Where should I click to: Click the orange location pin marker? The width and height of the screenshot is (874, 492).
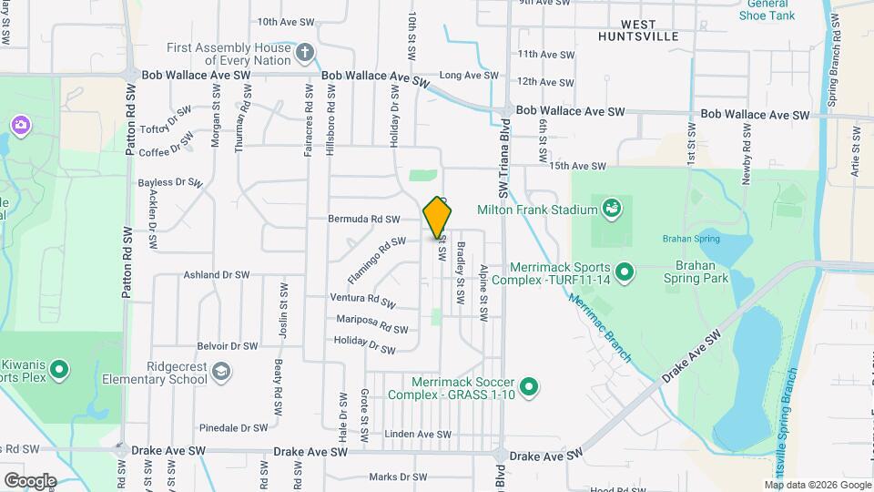click(x=438, y=218)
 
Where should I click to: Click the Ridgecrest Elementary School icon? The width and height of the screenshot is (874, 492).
click(x=221, y=372)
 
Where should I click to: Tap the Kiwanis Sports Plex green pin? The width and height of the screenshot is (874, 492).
click(x=60, y=369)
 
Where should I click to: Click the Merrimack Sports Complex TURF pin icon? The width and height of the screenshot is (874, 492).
click(x=625, y=271)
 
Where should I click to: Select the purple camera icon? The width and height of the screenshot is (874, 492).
click(x=20, y=124)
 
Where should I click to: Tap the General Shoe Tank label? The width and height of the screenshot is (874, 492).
click(x=767, y=9)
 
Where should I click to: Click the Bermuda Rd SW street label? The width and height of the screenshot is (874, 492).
click(x=366, y=220)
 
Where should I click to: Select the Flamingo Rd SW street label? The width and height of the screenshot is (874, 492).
click(x=375, y=260)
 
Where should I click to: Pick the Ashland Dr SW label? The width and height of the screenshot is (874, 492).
click(x=216, y=274)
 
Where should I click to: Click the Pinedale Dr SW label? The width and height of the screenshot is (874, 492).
click(x=234, y=427)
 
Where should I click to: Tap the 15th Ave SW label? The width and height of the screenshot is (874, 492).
click(x=577, y=166)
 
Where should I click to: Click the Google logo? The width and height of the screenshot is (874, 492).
click(x=30, y=480)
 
